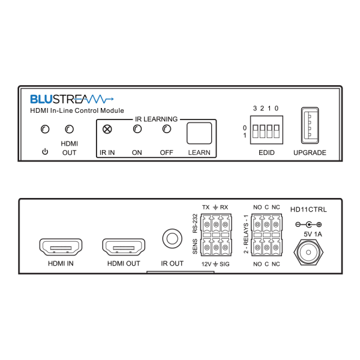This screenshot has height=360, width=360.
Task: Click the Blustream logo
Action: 72,99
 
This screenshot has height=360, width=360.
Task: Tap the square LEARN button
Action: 199,133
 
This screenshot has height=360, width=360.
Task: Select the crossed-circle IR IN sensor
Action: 107,129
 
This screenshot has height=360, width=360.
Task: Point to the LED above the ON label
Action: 137,129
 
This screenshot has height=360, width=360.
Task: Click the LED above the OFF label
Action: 167,129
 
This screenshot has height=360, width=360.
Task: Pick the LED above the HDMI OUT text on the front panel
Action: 70,129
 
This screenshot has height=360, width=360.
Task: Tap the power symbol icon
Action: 45,152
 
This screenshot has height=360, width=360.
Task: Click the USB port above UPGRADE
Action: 310,125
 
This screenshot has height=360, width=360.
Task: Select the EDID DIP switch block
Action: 266,130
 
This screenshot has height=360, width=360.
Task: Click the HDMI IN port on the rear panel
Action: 61,247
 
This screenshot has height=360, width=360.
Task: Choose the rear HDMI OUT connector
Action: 124,247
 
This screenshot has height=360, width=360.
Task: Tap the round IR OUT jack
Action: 172,239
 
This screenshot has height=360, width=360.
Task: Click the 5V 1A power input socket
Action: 308,252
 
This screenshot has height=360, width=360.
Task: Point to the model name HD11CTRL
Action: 308,209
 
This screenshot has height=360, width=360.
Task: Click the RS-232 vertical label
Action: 195,223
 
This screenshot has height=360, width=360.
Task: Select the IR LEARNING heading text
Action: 157,119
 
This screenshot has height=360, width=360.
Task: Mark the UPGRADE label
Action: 310,152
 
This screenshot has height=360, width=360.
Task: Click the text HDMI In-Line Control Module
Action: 77,110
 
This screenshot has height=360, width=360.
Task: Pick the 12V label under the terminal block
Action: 206,264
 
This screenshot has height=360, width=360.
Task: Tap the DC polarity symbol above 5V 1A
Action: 308,224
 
